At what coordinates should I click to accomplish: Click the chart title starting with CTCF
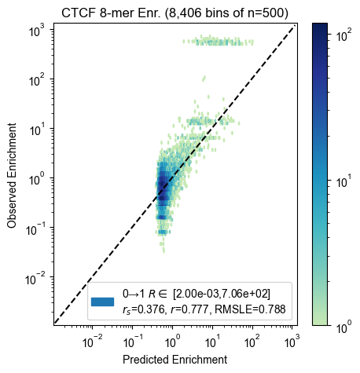click(174, 13)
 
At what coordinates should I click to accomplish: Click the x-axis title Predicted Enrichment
click(174, 360)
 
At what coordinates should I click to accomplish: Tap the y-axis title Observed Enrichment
click(12, 175)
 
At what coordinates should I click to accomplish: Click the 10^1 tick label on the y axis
click(37, 130)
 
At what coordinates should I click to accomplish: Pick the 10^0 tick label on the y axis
click(37, 180)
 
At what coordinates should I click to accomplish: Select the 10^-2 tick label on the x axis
click(92, 341)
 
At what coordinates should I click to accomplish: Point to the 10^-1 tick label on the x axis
click(132, 341)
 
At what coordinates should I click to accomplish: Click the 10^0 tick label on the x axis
click(171, 341)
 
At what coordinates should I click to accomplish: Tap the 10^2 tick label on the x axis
click(252, 341)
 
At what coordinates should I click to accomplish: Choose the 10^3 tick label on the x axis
click(292, 341)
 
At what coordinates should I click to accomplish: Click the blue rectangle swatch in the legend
click(102, 302)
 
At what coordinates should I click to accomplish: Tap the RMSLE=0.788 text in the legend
click(250, 309)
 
